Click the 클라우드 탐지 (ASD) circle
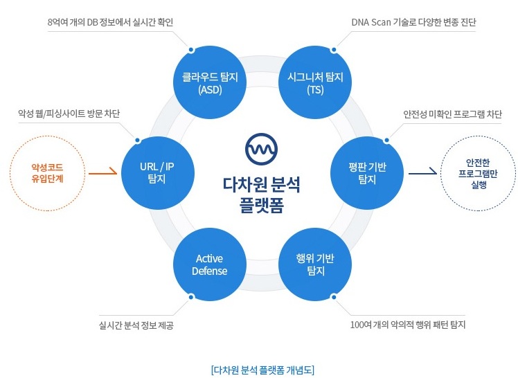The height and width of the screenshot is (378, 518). point(210,82)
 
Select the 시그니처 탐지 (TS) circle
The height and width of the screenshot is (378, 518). point(315,82)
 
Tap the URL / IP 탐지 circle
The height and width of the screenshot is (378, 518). point(158,173)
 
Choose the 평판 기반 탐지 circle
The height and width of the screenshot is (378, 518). point(367,173)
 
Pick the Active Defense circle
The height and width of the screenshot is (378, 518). point(210,264)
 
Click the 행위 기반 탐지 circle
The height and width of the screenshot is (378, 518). point(315,264)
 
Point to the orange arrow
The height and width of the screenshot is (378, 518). point(102,172)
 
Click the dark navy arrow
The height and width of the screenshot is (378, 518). point(423,172)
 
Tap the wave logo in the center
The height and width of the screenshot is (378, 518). point(261,149)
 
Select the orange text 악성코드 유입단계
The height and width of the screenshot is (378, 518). point(47,173)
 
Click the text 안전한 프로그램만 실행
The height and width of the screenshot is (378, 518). point(478,173)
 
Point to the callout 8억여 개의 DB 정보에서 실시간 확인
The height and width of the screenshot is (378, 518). point(110,22)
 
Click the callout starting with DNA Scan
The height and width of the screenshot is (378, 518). point(413,22)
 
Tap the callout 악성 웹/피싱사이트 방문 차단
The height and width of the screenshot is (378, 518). point(69,114)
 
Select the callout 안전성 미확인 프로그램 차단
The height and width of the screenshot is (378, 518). point(452,114)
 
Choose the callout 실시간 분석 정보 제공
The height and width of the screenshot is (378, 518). point(136,325)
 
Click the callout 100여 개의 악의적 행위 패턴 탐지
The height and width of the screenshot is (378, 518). point(408,325)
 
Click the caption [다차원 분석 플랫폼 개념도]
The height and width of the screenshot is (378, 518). point(262,370)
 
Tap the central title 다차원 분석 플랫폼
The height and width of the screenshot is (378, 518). point(261,195)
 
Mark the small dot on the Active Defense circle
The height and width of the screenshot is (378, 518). point(191,297)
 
